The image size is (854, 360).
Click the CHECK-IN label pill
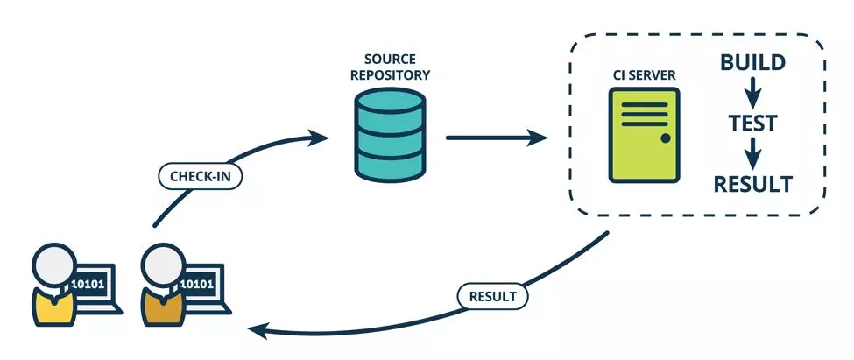point(200,176)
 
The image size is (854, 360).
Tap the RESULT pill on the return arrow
point(492,297)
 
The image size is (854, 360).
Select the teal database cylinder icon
point(390,135)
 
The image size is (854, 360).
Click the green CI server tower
point(644,135)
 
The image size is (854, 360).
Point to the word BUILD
point(752,63)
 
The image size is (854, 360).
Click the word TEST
point(752,124)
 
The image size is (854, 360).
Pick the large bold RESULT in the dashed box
point(752,185)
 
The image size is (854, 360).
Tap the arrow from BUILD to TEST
point(752,93)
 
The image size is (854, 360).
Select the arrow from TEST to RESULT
point(752,153)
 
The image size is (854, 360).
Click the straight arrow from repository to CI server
point(497,138)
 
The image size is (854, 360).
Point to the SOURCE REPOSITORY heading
point(390,67)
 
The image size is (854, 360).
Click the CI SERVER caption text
point(644,74)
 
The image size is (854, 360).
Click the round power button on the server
point(666,138)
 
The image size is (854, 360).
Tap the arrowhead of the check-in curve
point(319,138)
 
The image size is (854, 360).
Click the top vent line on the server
point(645,104)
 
